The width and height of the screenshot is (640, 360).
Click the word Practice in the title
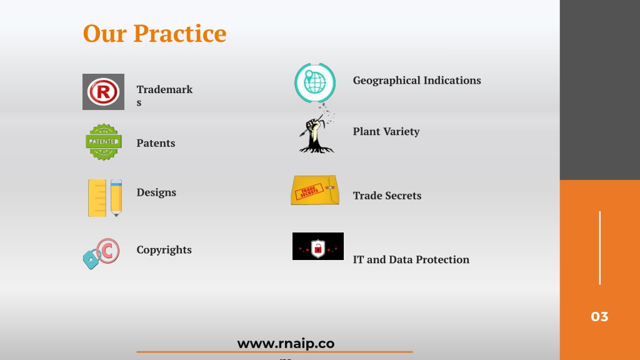coord(180,34)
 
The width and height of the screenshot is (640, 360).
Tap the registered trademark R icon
coord(103,92)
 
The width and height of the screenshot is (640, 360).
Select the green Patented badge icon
coord(104,142)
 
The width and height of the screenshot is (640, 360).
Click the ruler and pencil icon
coord(105,198)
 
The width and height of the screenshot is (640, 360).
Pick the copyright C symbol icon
coord(101,254)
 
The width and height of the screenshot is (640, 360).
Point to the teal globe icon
coord(315,82)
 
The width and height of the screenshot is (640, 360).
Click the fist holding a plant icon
coord(317,130)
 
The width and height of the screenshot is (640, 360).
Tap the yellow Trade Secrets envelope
coord(315,190)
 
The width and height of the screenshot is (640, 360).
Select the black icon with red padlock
coord(318,246)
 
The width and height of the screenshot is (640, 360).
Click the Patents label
coord(156,143)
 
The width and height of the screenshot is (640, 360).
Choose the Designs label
coord(156,192)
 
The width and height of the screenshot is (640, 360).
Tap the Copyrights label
coord(164,250)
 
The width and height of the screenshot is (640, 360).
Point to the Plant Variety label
coord(386,131)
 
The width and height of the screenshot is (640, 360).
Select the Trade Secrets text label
coord(387,196)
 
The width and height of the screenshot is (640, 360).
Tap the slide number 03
coord(599,317)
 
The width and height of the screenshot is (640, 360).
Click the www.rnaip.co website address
coord(286,344)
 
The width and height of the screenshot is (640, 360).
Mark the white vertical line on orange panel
coord(599,247)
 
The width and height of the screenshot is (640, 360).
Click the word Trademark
coord(164,89)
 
